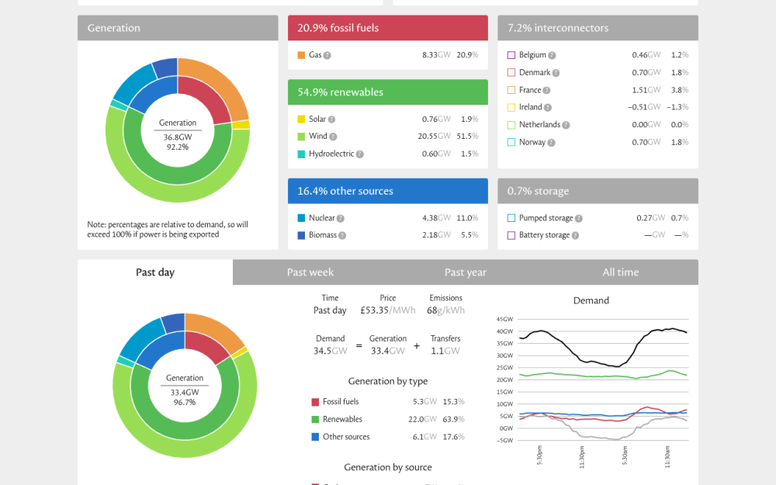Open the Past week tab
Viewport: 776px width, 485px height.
[310, 272]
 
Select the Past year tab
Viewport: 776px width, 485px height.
[465, 272]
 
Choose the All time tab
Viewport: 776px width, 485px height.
[621, 272]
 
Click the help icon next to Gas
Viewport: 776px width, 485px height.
[327, 55]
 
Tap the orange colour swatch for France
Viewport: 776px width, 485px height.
[511, 90]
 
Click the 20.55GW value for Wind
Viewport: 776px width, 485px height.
[434, 136]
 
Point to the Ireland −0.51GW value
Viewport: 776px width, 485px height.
[644, 107]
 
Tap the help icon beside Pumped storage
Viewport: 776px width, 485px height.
[579, 218]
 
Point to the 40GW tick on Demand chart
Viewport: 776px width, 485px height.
[505, 331]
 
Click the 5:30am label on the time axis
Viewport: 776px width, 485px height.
[625, 456]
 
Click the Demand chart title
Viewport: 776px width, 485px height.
[591, 300]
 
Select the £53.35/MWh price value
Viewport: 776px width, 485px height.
[387, 310]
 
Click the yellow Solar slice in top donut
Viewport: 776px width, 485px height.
[241, 125]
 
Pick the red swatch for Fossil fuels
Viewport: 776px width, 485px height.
[315, 402]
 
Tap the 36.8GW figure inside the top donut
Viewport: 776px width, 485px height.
[178, 137]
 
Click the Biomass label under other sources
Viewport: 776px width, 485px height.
[323, 235]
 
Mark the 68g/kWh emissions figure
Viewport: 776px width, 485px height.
[445, 310]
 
